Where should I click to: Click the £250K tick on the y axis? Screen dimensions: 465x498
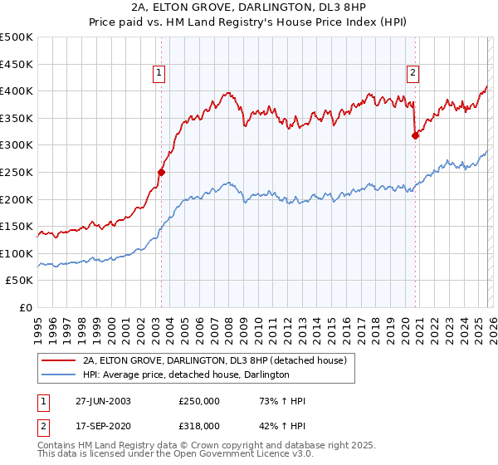point(17,172)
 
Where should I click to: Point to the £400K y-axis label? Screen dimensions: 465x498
point(17,91)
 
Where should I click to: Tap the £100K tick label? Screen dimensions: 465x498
point(17,253)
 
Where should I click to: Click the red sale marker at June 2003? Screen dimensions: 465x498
point(162,172)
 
